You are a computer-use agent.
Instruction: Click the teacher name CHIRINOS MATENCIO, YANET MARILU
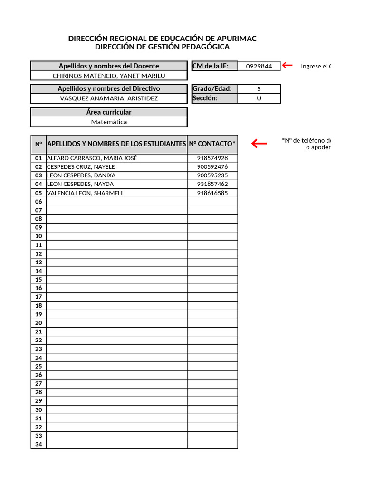(109, 76)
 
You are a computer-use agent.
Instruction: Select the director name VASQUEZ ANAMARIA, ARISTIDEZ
(109, 98)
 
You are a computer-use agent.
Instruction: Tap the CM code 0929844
(259, 66)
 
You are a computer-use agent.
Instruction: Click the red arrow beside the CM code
(287, 65)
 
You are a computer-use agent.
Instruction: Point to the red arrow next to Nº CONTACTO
(259, 143)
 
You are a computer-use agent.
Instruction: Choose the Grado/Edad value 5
(259, 89)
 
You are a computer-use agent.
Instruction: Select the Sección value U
(259, 98)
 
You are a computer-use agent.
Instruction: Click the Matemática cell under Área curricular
(109, 122)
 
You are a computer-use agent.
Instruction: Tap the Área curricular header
(109, 112)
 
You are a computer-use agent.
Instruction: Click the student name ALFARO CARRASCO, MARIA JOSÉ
(92, 158)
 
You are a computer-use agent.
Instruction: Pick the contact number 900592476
(212, 167)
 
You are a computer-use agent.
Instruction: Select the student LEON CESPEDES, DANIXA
(81, 175)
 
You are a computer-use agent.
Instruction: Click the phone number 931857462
(212, 184)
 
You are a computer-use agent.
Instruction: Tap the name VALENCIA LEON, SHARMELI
(85, 193)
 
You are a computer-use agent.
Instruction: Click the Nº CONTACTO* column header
(212, 144)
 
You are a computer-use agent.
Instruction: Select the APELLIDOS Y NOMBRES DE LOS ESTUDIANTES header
(116, 144)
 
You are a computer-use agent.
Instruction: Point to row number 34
(38, 445)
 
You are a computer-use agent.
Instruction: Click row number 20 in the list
(38, 323)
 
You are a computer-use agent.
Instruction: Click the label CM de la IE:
(211, 66)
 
